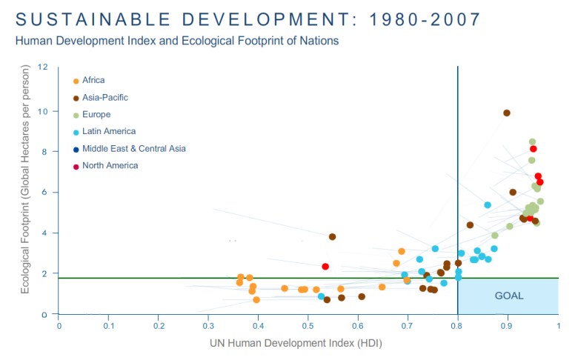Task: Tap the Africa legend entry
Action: point(93,80)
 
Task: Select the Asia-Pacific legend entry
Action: point(103,97)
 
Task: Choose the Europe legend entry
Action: point(96,114)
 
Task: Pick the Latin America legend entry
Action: point(108,131)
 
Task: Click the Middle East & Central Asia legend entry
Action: point(133,148)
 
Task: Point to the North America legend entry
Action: point(110,165)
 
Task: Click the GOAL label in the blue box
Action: point(508,296)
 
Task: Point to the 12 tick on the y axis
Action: point(43,67)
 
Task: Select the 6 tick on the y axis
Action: point(45,192)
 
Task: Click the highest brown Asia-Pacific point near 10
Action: point(507,113)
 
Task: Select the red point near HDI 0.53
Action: point(325,266)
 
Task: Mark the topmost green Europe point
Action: point(532,141)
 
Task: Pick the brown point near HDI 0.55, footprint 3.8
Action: point(332,237)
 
